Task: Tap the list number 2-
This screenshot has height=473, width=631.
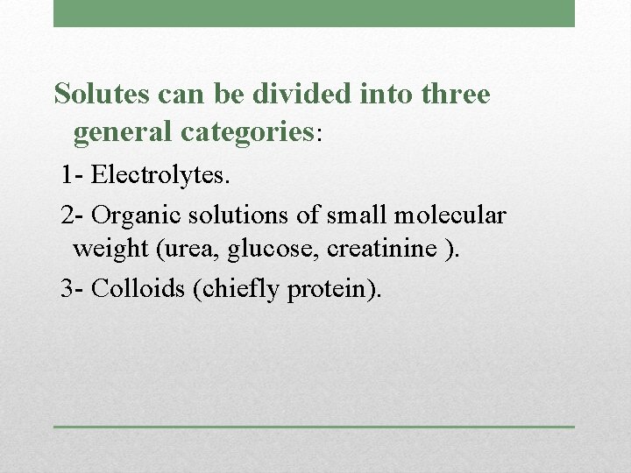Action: [73, 215]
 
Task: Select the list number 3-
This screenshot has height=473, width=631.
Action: [73, 289]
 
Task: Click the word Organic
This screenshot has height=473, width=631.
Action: [129, 215]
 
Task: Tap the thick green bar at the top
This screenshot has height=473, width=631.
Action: [314, 13]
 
